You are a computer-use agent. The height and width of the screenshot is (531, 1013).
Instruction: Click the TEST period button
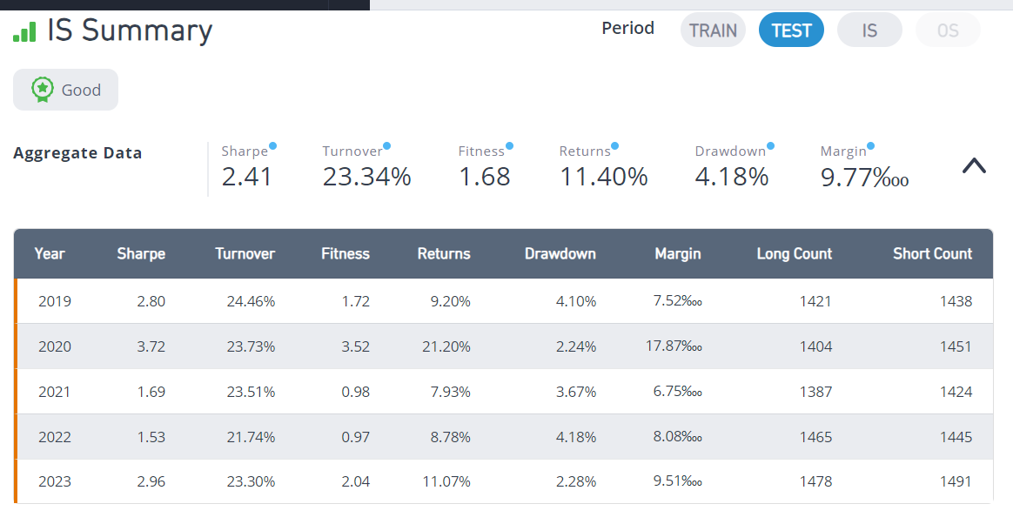(x=791, y=30)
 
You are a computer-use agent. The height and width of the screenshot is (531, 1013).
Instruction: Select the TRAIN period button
(x=713, y=30)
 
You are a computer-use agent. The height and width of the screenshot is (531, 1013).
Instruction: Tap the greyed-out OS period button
(x=948, y=30)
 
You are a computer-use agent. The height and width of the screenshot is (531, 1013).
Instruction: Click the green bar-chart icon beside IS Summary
(x=24, y=31)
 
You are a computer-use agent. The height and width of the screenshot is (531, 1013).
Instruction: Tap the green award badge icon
(x=42, y=90)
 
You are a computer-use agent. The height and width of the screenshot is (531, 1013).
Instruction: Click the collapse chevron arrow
(x=974, y=166)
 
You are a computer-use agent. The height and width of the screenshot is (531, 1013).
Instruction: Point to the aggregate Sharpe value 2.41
(x=247, y=177)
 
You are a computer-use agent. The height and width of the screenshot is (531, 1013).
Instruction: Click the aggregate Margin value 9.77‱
(x=864, y=177)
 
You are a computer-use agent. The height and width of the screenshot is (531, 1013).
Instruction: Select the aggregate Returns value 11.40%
(x=603, y=177)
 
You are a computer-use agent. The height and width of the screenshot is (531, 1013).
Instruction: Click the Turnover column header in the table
(x=245, y=254)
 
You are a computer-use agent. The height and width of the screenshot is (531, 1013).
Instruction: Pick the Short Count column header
(x=932, y=254)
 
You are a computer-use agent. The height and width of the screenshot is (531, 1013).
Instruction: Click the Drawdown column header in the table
(x=560, y=254)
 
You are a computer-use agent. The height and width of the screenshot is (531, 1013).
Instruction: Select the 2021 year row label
(x=54, y=392)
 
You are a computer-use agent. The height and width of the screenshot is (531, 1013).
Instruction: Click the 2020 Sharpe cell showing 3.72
(x=151, y=346)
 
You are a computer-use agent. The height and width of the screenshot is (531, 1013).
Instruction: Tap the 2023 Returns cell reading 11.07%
(x=446, y=481)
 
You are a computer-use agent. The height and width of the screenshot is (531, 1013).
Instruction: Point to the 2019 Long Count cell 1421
(x=815, y=301)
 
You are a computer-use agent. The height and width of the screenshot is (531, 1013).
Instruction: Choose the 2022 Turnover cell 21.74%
(x=251, y=437)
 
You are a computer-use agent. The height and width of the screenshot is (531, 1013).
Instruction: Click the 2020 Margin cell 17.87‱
(x=674, y=346)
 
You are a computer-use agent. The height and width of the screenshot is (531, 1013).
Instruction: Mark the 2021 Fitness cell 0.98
(x=355, y=392)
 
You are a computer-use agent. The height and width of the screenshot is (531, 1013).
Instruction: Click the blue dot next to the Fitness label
(x=510, y=146)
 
